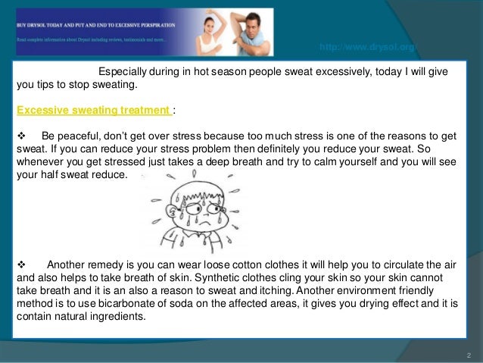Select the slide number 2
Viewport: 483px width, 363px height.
[469, 355]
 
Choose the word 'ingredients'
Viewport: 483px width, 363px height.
[123, 319]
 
